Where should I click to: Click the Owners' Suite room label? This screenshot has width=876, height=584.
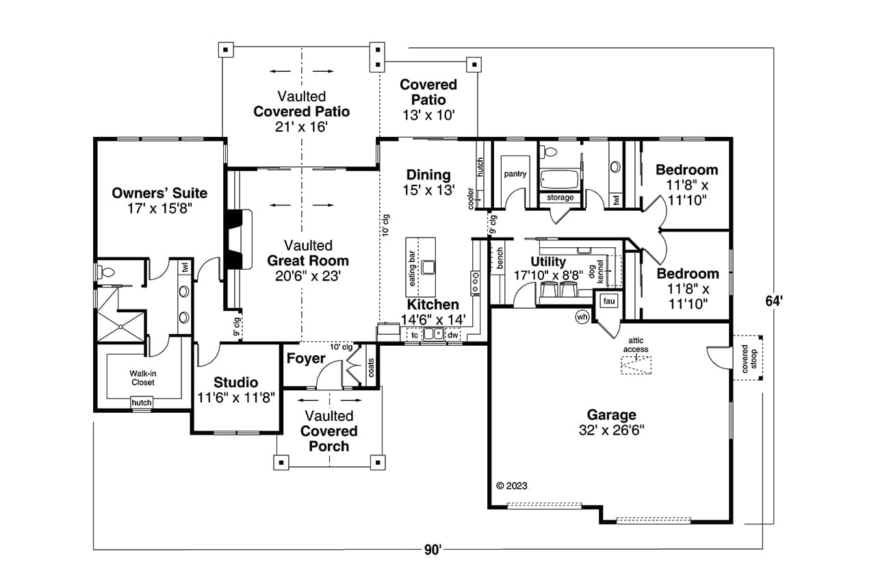(159, 194)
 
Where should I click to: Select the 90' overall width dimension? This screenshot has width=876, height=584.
(432, 549)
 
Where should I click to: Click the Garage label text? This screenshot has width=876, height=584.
(611, 415)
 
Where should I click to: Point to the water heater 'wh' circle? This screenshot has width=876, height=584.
(582, 317)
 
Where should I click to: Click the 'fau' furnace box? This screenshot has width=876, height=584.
(608, 301)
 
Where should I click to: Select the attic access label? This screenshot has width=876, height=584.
(635, 345)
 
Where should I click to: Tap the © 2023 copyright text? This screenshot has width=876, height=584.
(511, 486)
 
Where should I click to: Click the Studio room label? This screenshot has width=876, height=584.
(235, 383)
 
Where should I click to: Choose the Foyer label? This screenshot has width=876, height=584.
(306, 359)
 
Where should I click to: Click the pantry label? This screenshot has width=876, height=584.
(515, 174)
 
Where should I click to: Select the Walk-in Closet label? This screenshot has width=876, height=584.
(143, 378)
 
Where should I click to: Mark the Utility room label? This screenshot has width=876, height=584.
(548, 262)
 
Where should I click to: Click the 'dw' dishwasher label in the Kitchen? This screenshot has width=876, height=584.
(452, 335)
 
